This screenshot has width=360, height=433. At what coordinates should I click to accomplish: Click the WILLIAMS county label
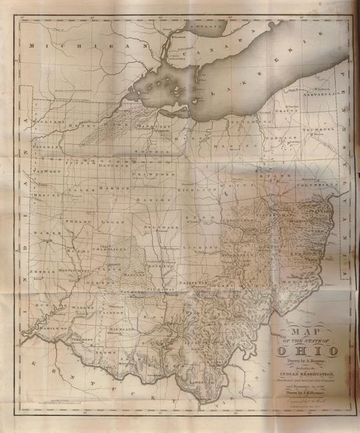50,123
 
